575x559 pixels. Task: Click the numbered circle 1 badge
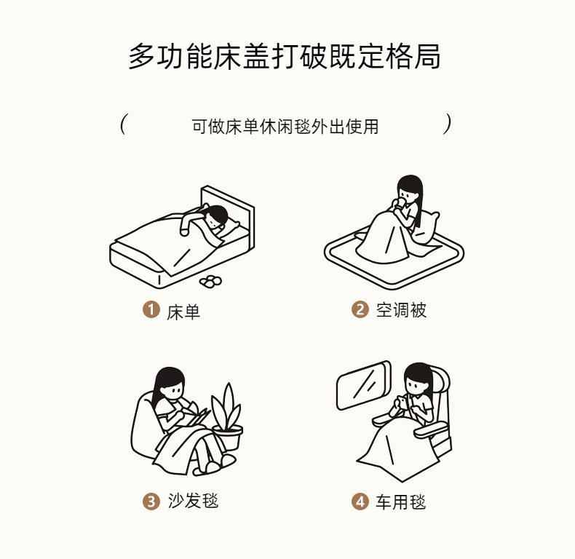pos(151,309)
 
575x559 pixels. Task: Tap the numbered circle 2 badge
pos(360,309)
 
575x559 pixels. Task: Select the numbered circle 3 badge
pos(151,501)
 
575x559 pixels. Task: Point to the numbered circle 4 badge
pos(360,501)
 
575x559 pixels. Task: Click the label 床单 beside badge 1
pos(183,312)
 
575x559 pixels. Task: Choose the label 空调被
pos(401,310)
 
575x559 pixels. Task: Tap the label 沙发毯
pos(194,501)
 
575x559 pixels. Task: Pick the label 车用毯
pos(400,501)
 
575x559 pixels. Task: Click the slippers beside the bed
pos(210,281)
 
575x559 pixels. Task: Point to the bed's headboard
pos(228,209)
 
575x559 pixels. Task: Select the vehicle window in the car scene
pos(364,385)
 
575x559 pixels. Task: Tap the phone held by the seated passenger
pos(403,402)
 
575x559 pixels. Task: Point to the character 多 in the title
pos(142,56)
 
